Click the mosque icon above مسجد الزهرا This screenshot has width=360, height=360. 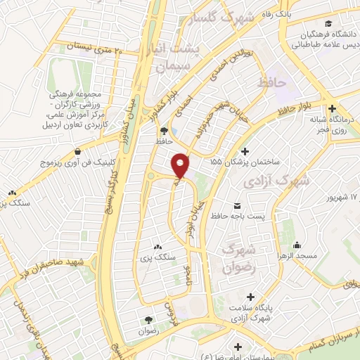click(297, 245)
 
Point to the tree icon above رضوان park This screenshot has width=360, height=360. click(148, 320)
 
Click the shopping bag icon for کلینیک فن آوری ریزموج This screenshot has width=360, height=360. click(78, 151)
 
